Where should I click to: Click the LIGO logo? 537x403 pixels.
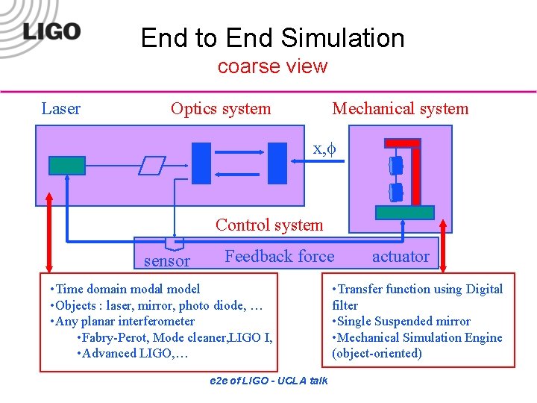click(x=51, y=31)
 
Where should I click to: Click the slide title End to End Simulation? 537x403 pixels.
click(x=272, y=37)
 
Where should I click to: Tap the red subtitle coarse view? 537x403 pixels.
click(x=272, y=66)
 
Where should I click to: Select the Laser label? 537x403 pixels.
click(x=61, y=108)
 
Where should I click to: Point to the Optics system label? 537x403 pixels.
click(x=221, y=108)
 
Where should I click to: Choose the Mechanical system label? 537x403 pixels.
click(x=401, y=108)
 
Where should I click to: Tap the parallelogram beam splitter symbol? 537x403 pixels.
click(x=152, y=165)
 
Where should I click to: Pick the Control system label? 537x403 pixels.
click(x=269, y=225)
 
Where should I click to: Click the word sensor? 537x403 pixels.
click(x=166, y=260)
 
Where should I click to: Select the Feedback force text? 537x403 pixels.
click(x=280, y=256)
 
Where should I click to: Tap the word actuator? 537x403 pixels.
click(x=401, y=257)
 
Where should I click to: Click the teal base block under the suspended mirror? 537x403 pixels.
click(x=405, y=212)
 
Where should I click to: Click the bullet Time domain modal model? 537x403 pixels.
click(x=125, y=289)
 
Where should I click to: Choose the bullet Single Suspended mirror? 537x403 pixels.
click(x=403, y=321)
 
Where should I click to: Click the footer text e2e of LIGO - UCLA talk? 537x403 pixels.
click(x=269, y=381)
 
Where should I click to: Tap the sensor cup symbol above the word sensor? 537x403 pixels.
click(x=174, y=243)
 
